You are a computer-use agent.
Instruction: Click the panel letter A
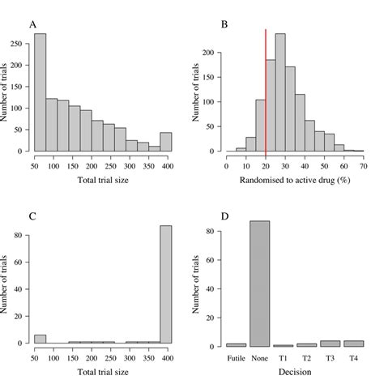pos(33,24)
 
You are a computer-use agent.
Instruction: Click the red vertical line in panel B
pos(266,89)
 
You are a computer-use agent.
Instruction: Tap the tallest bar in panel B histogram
pos(280,92)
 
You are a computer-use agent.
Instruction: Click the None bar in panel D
pos(259,284)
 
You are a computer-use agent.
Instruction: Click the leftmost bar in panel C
pos(40,338)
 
